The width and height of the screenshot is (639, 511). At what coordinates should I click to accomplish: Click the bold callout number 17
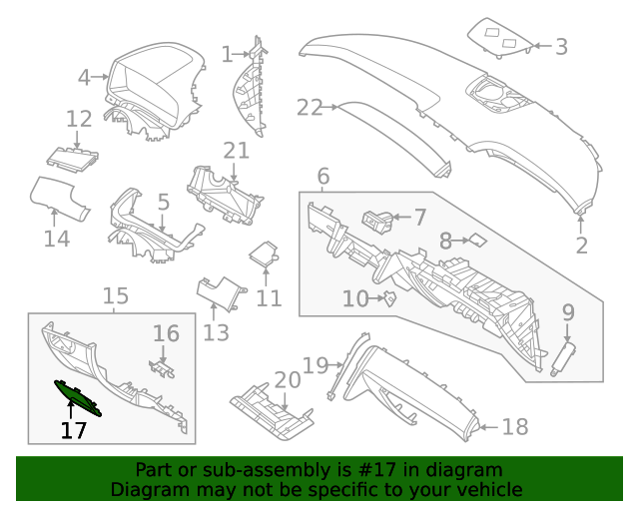click(73, 431)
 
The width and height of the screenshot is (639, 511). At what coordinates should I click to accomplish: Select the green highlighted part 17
click(77, 397)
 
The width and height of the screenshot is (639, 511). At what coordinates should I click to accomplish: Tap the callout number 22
click(311, 108)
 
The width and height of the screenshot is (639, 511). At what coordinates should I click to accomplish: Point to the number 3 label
click(561, 46)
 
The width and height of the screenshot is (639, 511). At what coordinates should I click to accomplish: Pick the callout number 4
click(85, 76)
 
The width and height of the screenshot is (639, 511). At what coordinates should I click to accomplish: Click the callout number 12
click(79, 120)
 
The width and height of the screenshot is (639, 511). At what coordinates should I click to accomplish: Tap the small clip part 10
click(391, 297)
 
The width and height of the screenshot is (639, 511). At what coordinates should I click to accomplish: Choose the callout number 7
click(419, 217)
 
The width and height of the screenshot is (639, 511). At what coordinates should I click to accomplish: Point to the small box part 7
click(377, 218)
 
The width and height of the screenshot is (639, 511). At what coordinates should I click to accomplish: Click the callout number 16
click(166, 333)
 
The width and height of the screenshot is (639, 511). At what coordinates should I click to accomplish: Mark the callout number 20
click(287, 380)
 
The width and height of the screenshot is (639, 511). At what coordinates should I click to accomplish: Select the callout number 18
click(514, 428)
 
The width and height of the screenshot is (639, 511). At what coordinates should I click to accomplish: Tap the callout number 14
click(57, 239)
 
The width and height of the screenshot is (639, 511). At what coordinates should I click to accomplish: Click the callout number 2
click(581, 245)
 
